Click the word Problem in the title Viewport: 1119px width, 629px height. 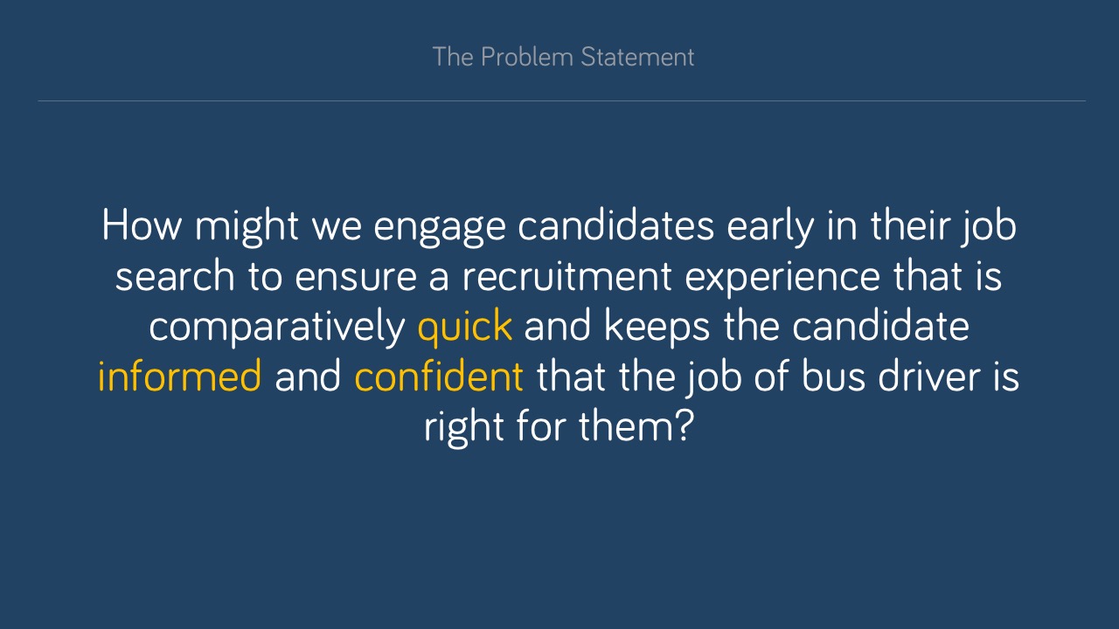point(527,58)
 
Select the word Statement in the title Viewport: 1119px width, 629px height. point(637,57)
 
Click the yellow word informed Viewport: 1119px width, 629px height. point(179,376)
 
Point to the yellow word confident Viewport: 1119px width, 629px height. point(439,376)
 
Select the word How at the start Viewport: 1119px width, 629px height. point(142,225)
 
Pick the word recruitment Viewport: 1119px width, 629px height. point(566,276)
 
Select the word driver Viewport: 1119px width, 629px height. point(928,376)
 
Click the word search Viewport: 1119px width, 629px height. point(175,276)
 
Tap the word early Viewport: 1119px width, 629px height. point(770,228)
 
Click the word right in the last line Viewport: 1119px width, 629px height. point(463,428)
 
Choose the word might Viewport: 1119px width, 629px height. point(247,228)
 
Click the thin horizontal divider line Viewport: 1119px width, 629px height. point(562,100)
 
